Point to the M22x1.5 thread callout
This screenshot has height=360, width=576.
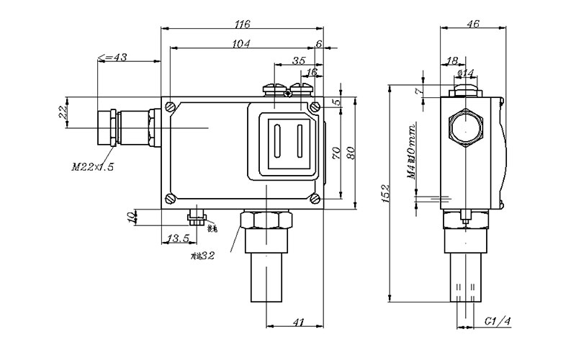click(x=93, y=167)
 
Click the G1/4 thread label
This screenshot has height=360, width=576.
click(x=497, y=320)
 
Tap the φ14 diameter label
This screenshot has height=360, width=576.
click(x=466, y=73)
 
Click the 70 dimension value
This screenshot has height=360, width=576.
click(x=336, y=153)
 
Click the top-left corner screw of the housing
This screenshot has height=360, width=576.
click(x=171, y=107)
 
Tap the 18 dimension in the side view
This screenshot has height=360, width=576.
click(x=452, y=60)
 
